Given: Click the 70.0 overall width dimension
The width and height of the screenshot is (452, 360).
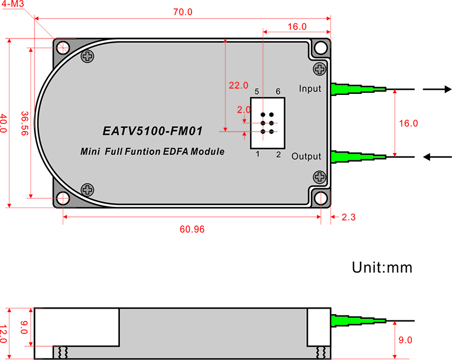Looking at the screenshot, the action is click(x=182, y=12).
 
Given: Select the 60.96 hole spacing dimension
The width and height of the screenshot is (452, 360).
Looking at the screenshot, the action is click(x=192, y=229).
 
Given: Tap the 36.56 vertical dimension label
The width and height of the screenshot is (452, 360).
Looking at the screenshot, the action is click(x=25, y=123).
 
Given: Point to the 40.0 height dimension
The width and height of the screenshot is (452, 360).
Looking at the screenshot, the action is click(x=3, y=123).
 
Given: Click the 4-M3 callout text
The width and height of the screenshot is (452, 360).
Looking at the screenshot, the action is click(x=12, y=4).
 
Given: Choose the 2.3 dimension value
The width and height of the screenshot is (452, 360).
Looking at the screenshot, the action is click(x=349, y=217).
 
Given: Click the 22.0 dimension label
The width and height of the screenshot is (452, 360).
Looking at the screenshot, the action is click(x=238, y=85).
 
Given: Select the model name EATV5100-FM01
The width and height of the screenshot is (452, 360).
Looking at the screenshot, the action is click(x=153, y=131).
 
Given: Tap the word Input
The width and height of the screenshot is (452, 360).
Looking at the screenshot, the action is click(x=310, y=89).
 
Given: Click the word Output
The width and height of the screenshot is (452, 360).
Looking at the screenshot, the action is click(x=306, y=156).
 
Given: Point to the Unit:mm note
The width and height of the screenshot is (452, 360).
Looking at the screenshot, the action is click(x=383, y=267).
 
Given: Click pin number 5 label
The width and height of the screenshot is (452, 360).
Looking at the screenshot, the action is click(x=257, y=92).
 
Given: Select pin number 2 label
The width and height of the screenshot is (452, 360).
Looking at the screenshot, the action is click(x=278, y=154).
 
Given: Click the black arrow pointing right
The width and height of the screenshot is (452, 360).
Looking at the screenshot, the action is click(x=437, y=89).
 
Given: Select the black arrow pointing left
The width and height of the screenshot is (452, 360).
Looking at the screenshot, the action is click(x=437, y=157).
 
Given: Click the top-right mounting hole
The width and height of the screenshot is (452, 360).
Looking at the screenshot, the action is click(x=321, y=48).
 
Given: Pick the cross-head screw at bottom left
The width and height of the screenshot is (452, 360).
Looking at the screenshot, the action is click(x=88, y=190).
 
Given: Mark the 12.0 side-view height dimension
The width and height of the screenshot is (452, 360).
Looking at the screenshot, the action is click(x=3, y=334).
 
